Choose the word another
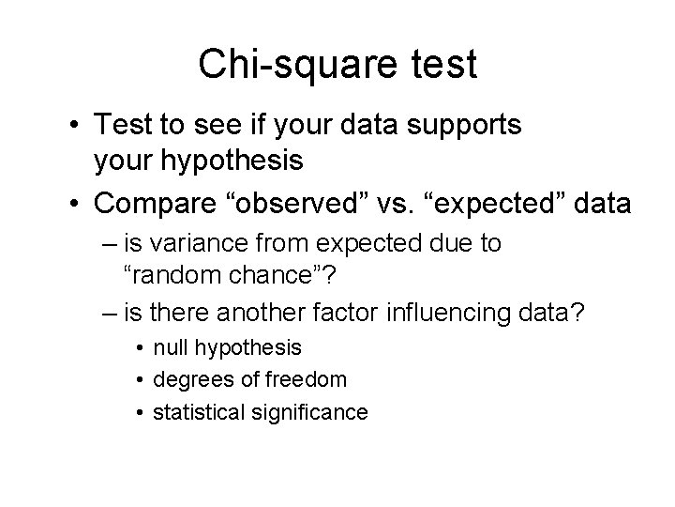click(x=282, y=311)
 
